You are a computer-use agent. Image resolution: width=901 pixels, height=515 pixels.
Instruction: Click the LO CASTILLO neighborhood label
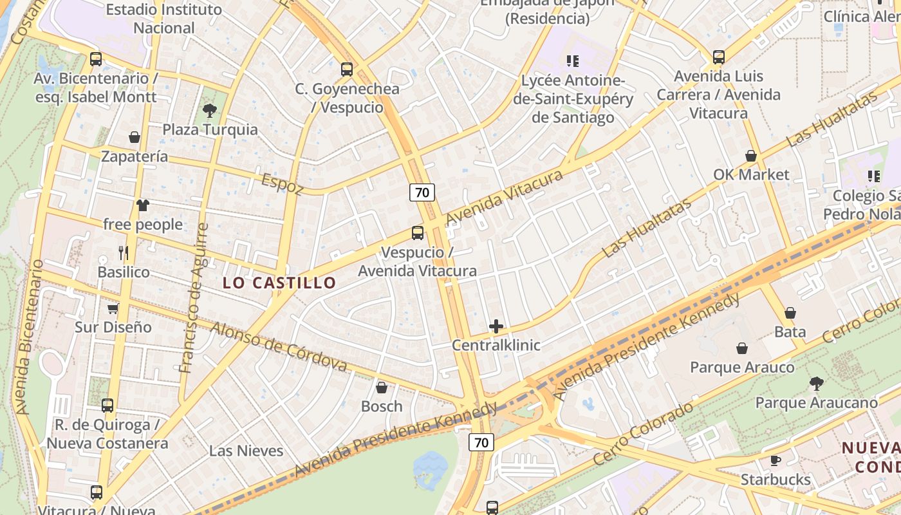(x=279, y=283)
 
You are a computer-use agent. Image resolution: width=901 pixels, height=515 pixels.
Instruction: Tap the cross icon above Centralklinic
(x=496, y=326)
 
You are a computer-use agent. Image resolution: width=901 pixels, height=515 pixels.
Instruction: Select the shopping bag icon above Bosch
(x=382, y=388)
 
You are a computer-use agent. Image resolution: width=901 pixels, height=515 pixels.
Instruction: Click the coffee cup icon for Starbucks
(x=776, y=461)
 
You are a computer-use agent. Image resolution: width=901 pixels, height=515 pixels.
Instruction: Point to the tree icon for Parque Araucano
(x=816, y=384)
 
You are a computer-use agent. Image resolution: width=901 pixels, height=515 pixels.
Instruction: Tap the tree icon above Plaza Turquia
(x=209, y=111)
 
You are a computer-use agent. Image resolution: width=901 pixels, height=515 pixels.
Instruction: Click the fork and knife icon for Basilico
(x=124, y=253)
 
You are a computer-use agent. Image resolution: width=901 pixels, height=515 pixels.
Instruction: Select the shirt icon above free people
(x=142, y=205)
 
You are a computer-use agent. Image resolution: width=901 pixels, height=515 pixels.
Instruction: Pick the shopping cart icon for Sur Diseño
(x=113, y=308)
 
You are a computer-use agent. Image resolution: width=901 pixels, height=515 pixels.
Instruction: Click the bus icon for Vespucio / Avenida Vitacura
(x=418, y=233)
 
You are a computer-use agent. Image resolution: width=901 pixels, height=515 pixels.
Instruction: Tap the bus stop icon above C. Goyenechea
(x=347, y=70)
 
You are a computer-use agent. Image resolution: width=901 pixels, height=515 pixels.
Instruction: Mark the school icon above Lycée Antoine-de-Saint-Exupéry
(x=572, y=61)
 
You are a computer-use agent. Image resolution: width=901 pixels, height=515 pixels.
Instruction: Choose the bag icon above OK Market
(x=750, y=156)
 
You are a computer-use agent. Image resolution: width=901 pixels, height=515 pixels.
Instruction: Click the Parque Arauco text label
(x=742, y=368)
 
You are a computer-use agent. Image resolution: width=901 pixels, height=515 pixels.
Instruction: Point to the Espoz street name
(x=282, y=183)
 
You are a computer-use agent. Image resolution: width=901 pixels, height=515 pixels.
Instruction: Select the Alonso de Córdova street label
(x=279, y=346)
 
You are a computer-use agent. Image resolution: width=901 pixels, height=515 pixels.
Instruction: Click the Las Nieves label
(x=246, y=451)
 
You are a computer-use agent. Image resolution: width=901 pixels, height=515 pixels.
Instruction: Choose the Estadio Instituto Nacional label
(x=163, y=19)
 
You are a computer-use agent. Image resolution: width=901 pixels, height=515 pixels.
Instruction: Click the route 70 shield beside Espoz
(x=422, y=192)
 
